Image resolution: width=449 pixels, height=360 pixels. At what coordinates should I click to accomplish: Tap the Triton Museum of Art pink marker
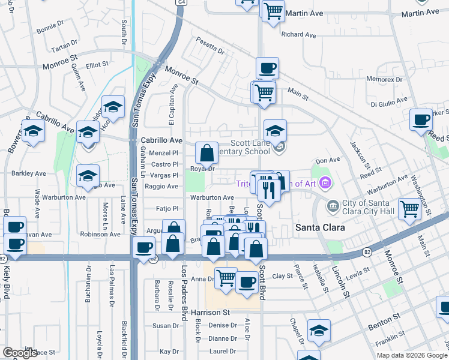(325, 182)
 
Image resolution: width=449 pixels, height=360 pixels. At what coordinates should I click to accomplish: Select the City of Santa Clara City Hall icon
(333, 206)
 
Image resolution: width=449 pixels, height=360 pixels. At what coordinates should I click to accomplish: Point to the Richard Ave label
(298, 35)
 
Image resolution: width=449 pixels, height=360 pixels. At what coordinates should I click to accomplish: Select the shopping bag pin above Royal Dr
(206, 153)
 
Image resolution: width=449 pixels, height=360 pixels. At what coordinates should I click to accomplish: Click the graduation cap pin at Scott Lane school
(275, 131)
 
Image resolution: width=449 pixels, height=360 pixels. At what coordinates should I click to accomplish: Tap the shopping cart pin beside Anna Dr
(226, 278)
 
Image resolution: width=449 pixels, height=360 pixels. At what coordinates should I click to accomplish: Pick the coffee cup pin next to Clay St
(246, 282)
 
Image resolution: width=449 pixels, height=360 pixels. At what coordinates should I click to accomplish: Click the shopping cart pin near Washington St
(410, 209)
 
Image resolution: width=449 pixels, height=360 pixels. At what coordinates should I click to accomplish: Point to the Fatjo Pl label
(167, 209)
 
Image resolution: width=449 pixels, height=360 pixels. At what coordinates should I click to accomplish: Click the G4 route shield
(181, 2)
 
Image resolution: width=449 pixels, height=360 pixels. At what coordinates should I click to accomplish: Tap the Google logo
(20, 353)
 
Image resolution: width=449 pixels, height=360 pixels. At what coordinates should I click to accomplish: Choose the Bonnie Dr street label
(49, 29)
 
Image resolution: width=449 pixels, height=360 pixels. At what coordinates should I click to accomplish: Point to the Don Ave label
(328, 160)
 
